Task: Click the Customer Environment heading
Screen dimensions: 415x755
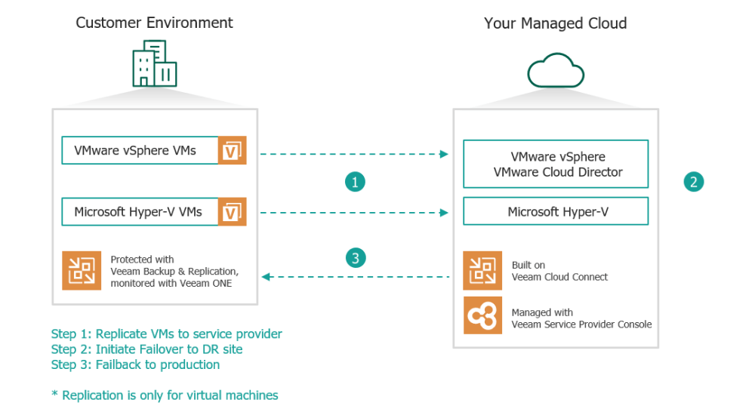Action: click(x=154, y=23)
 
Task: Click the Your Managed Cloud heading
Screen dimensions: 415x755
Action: click(x=555, y=23)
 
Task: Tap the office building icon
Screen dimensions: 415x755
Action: click(x=155, y=64)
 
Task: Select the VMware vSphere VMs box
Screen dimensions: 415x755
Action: click(x=140, y=150)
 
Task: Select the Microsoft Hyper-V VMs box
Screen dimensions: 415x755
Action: click(x=140, y=212)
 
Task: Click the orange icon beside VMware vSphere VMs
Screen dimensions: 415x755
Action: click(x=232, y=151)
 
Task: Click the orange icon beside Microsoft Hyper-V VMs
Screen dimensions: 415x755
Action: click(x=232, y=212)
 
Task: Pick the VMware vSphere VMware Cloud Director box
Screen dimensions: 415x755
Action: click(x=556, y=164)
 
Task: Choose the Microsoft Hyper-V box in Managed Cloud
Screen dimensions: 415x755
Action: click(x=556, y=212)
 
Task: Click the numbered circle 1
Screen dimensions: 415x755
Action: click(x=356, y=182)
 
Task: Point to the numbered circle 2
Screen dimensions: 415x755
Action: click(x=694, y=182)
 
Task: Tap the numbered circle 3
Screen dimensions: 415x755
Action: click(x=356, y=258)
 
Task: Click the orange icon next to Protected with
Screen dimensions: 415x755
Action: click(x=82, y=272)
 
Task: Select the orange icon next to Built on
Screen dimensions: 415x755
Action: click(x=482, y=271)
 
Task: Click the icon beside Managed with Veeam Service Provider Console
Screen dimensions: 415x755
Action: click(x=482, y=316)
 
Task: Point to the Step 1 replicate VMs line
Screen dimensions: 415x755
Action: click(x=166, y=334)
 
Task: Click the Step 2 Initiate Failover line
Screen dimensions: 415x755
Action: click(x=146, y=349)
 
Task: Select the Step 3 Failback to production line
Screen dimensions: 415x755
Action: click(x=135, y=364)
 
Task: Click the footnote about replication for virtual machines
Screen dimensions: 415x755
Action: click(x=165, y=395)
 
